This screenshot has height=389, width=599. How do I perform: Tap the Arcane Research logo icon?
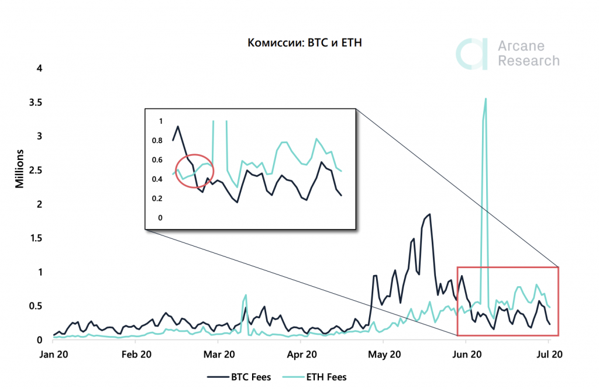click(472, 54)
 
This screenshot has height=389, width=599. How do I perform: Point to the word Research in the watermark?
click(528, 61)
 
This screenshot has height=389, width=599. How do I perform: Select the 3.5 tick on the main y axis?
click(36, 102)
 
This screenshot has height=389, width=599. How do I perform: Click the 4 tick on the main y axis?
click(40, 68)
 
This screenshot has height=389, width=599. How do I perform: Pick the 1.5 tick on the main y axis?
click(36, 238)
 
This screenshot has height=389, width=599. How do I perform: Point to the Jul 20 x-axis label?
click(549, 354)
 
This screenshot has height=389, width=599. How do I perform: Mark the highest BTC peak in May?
click(430, 214)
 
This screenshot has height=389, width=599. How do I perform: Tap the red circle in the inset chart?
click(196, 171)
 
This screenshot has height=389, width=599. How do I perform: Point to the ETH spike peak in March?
click(246, 295)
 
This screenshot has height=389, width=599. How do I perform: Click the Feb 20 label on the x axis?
click(136, 354)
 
